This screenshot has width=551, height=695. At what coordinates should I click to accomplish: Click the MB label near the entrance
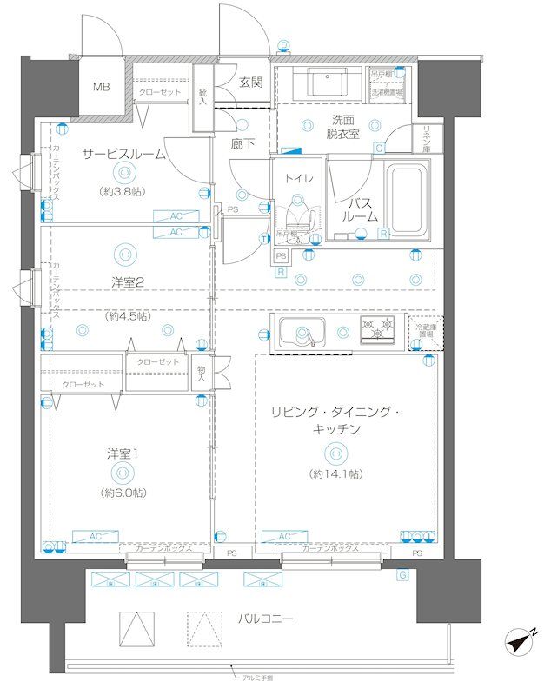click(101, 87)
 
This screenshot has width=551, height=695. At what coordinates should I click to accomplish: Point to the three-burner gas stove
click(379, 329)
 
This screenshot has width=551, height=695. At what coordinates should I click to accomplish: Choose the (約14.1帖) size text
click(335, 473)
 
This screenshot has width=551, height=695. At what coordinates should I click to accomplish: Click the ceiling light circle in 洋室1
click(123, 473)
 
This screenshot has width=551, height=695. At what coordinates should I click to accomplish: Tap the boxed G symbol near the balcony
click(402, 575)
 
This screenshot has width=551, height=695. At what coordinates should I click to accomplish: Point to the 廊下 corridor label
click(242, 144)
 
